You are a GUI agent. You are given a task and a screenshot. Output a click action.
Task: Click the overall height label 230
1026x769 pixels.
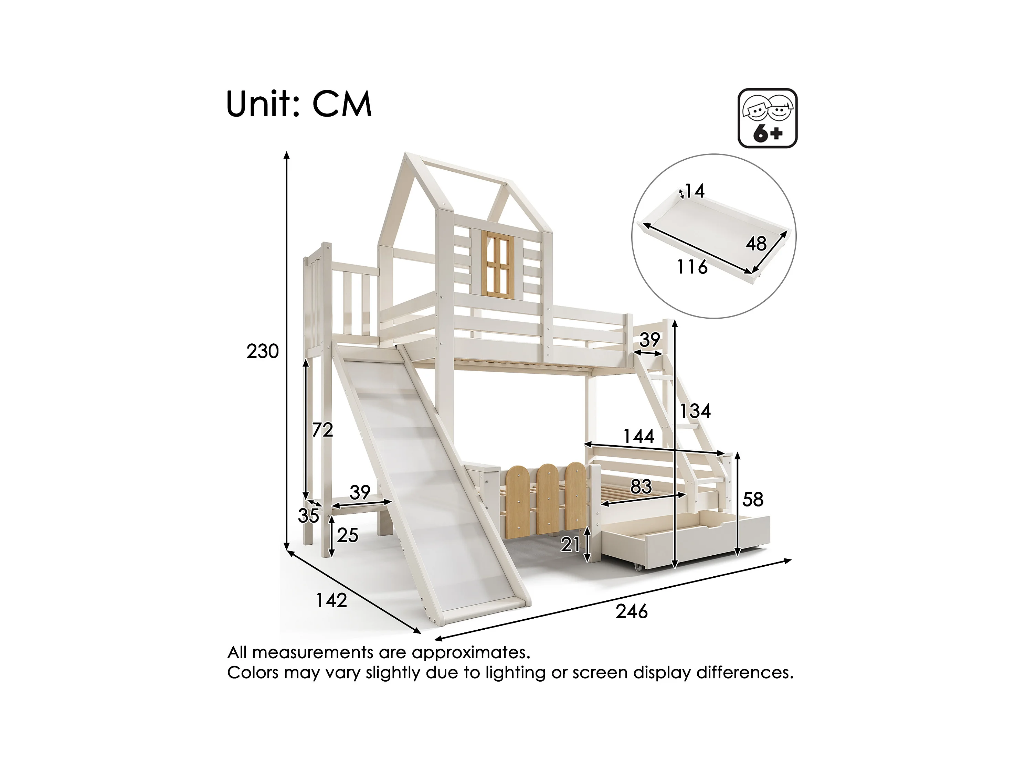click(263, 352)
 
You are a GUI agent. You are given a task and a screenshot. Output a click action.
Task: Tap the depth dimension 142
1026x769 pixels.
click(331, 601)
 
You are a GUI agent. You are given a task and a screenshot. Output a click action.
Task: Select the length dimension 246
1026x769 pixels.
click(631, 611)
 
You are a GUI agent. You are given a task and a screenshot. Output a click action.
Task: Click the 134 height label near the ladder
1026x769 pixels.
click(695, 411)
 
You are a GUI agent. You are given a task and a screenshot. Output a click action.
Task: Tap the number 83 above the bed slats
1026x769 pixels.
click(641, 487)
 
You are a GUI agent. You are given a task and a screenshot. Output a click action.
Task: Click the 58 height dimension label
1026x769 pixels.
click(752, 500)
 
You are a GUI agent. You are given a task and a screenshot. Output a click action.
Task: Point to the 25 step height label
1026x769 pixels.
click(347, 536)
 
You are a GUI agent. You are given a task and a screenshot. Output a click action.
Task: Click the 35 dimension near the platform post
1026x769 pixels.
click(308, 516)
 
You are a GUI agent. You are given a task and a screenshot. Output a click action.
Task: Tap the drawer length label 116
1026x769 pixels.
click(692, 267)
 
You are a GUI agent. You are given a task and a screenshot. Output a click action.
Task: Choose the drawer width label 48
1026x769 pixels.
click(756, 244)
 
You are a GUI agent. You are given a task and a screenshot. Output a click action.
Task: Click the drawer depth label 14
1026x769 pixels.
click(694, 191)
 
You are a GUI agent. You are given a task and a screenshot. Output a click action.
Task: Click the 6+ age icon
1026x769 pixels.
click(767, 118)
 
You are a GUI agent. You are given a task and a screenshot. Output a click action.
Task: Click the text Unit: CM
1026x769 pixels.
click(299, 104)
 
